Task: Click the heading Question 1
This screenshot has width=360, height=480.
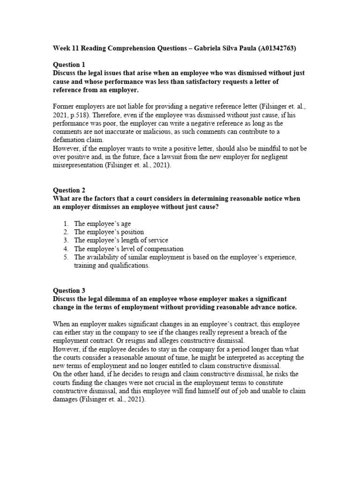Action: [69, 65]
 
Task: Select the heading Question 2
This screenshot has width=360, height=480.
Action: [69, 190]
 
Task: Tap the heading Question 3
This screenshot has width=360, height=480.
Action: [69, 291]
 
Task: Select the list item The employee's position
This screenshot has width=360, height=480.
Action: [109, 232]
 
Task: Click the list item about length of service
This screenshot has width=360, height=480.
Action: [121, 240]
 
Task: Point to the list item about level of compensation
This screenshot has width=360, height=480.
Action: [128, 249]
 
